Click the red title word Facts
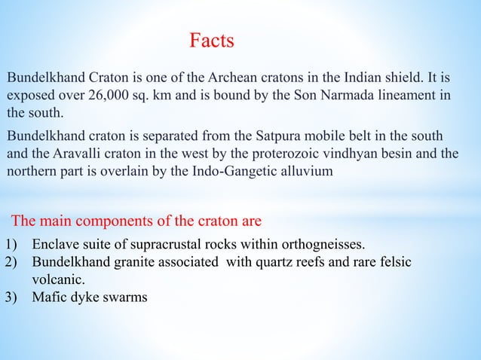pyautogui.click(x=211, y=41)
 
